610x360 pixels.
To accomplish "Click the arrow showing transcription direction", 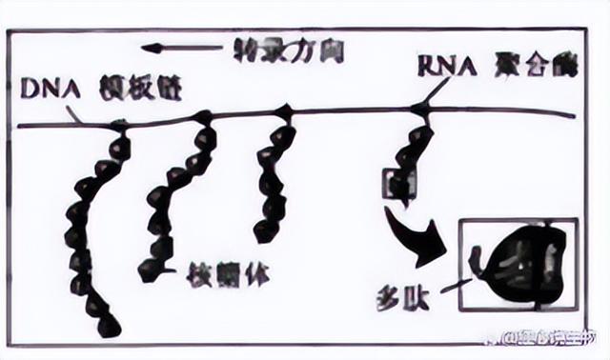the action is (x=181, y=48).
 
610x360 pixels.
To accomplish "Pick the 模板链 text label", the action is (x=139, y=90).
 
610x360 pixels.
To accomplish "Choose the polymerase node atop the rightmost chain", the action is (x=420, y=112).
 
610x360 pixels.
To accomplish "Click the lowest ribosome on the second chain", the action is (x=151, y=269).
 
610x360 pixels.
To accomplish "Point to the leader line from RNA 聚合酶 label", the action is (x=437, y=90).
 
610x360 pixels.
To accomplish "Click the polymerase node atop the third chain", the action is (x=284, y=113).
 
